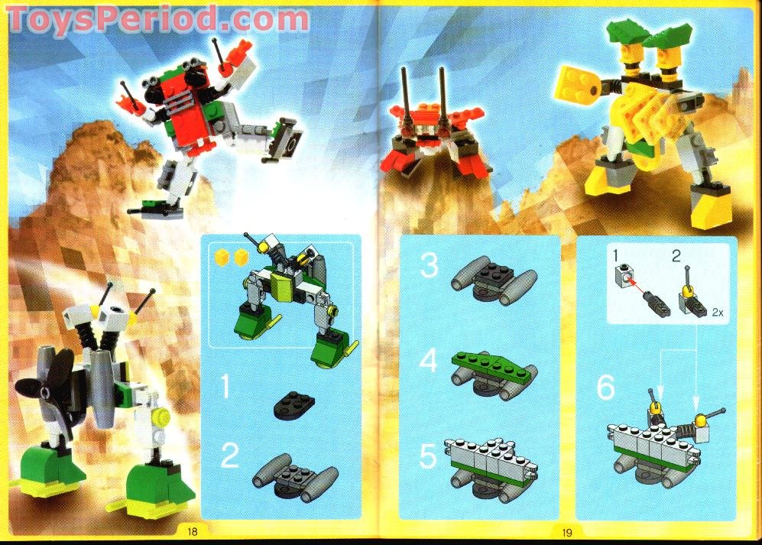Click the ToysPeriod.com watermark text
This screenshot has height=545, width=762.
coord(157,18)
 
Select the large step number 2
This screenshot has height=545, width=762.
coord(229,457)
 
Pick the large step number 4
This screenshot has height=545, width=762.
coord(430,361)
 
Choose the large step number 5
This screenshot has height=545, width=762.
coord(429,458)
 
